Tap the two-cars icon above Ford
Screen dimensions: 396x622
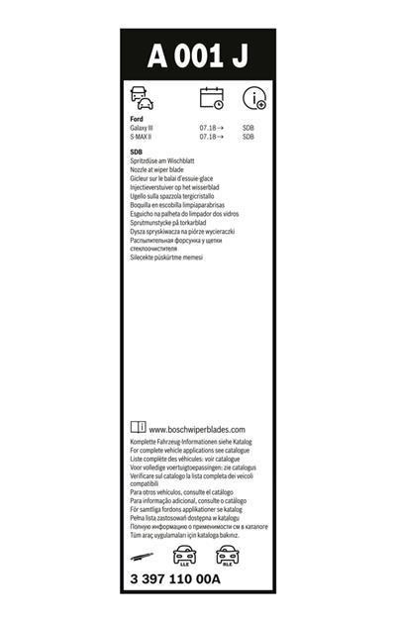click(x=142, y=98)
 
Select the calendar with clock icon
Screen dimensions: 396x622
click(x=212, y=98)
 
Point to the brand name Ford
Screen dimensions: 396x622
click(x=137, y=119)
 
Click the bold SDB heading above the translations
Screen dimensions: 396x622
click(x=137, y=152)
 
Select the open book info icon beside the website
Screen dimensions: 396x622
click(x=138, y=427)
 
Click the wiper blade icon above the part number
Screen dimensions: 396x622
click(x=144, y=554)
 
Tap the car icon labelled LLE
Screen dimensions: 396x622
click(x=184, y=555)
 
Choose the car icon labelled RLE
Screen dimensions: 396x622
click(x=224, y=555)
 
